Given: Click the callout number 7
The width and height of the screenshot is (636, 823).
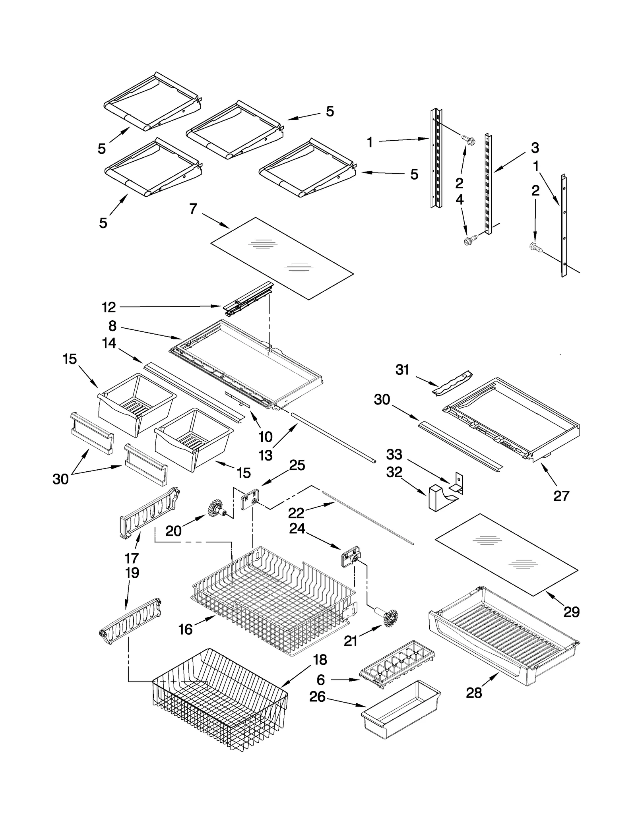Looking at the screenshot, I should point(193,208).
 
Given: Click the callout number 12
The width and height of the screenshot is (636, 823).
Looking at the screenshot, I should point(109,307).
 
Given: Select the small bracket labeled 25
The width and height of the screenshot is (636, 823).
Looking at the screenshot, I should point(249,498).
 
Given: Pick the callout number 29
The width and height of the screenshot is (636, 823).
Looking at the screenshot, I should point(572,612).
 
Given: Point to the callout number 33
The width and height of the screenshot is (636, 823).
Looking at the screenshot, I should point(394,454).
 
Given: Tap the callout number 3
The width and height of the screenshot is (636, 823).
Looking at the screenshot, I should point(535,148).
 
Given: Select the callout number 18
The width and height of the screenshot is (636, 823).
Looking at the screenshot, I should point(320,660).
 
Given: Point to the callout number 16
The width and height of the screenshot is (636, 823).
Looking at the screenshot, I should point(186,629).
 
